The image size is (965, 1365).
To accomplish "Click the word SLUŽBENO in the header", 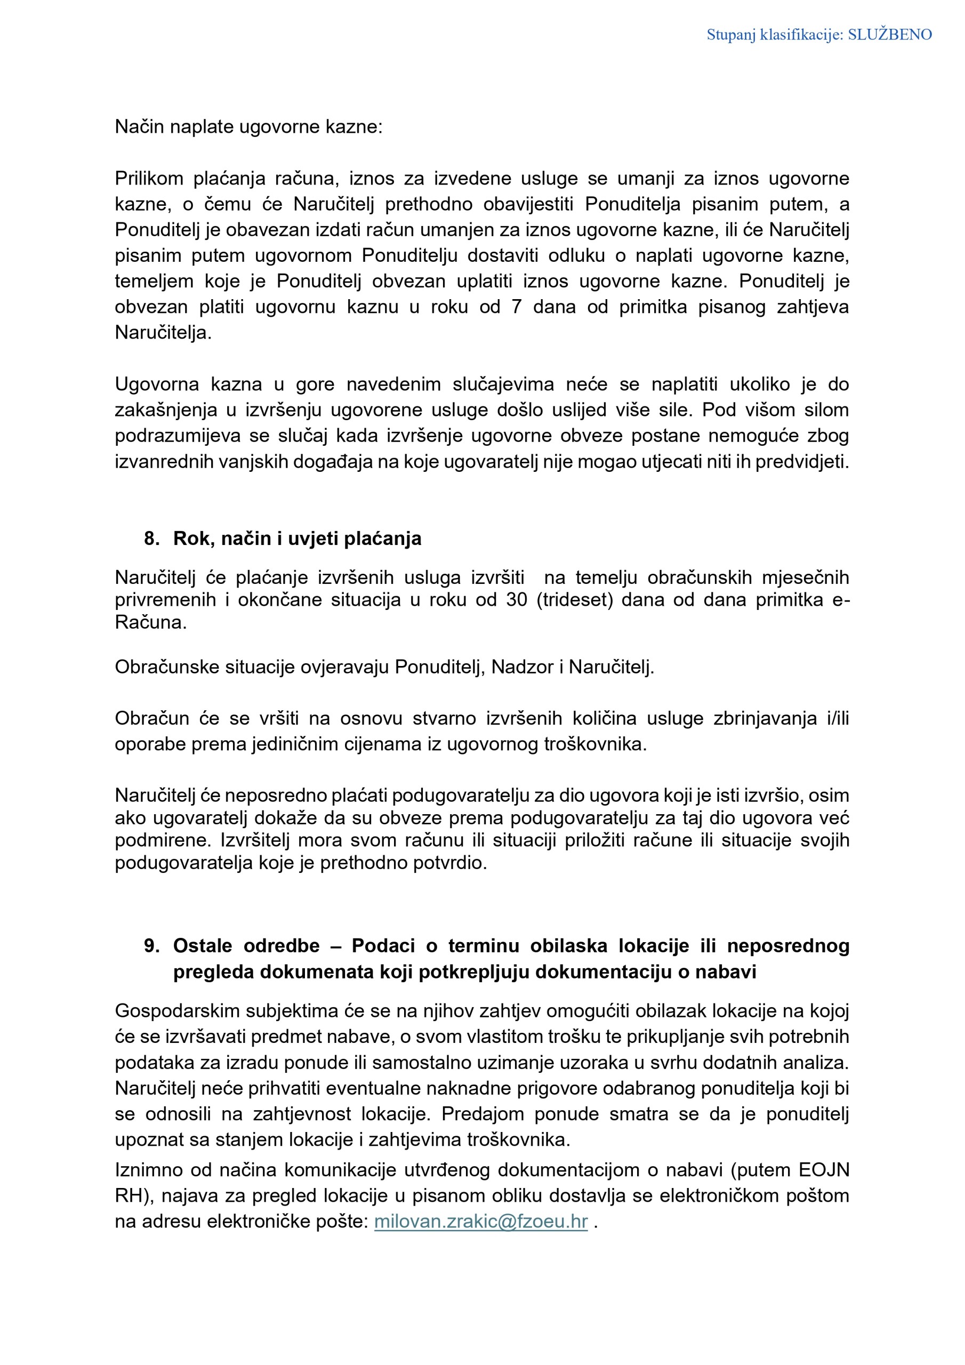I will click(x=889, y=35).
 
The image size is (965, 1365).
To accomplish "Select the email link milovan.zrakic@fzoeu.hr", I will click(x=480, y=1221).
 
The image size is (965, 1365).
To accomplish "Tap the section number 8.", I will click(x=151, y=539).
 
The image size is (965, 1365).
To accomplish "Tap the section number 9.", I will click(x=151, y=946).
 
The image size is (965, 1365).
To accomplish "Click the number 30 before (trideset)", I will click(x=517, y=599).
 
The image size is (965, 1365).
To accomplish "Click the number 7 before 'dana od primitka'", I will click(x=517, y=307).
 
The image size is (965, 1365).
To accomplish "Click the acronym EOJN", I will click(x=824, y=1169).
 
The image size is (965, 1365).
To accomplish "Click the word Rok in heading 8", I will click(x=192, y=539).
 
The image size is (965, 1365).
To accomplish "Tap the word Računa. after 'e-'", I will click(x=150, y=622).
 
